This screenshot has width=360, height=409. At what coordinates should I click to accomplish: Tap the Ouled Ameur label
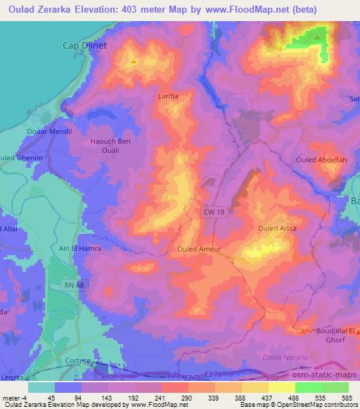(x=199, y=249)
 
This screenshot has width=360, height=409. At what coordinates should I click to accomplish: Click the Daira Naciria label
(x=304, y=358)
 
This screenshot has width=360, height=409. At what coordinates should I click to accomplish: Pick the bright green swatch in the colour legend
(x=309, y=387)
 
